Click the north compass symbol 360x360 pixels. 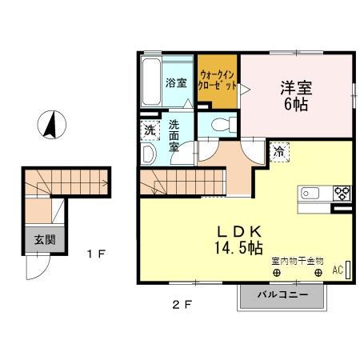pos(50,124)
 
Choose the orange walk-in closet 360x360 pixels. pos(218,80)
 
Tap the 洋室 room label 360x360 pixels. pos(294,86)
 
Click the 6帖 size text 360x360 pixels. pos(294,104)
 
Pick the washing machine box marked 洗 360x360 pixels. pos(150,130)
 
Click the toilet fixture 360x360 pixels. pos(221,124)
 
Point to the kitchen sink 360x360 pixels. pos(310,193)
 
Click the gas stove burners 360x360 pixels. pos(341,193)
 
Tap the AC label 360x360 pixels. pos(337,270)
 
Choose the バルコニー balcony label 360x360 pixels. pos(282,296)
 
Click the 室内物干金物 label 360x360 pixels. pos(297,260)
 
